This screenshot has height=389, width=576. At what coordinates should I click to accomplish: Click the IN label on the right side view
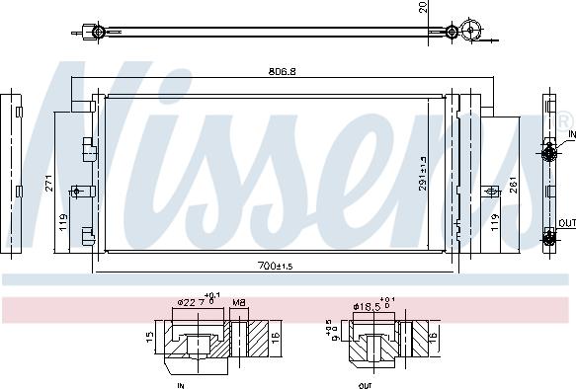[570, 134]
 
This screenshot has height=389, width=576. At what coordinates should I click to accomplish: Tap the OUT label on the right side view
[566, 223]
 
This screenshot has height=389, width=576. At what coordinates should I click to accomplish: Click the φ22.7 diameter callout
[194, 303]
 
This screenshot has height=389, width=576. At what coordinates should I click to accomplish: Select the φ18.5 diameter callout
[370, 304]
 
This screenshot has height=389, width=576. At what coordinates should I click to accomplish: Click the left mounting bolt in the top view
[97, 33]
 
